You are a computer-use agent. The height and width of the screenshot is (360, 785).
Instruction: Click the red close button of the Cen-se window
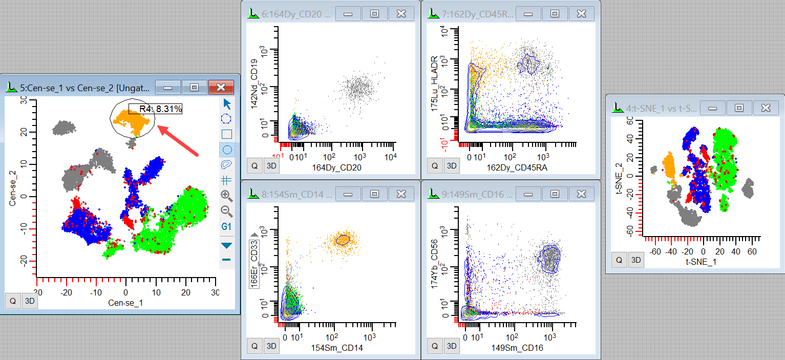click(221, 87)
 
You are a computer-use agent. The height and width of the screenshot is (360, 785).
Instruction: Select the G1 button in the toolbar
click(226, 226)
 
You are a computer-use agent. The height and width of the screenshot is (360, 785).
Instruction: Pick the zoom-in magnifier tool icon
click(226, 195)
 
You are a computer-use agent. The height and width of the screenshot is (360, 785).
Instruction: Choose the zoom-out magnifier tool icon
click(226, 210)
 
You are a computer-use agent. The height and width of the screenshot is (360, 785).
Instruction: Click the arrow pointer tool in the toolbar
click(226, 104)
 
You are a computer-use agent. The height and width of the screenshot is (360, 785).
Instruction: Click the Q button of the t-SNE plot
click(619, 260)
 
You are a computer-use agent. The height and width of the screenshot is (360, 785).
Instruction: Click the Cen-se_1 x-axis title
click(125, 303)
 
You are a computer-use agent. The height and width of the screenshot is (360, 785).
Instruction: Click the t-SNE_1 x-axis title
click(701, 261)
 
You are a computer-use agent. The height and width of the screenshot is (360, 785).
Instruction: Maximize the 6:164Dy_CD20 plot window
click(374, 14)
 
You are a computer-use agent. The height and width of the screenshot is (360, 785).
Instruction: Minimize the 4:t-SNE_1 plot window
click(712, 108)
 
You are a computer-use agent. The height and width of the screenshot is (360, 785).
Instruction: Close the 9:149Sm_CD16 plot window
click(581, 194)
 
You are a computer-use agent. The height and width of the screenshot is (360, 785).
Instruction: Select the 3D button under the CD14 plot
click(271, 346)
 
